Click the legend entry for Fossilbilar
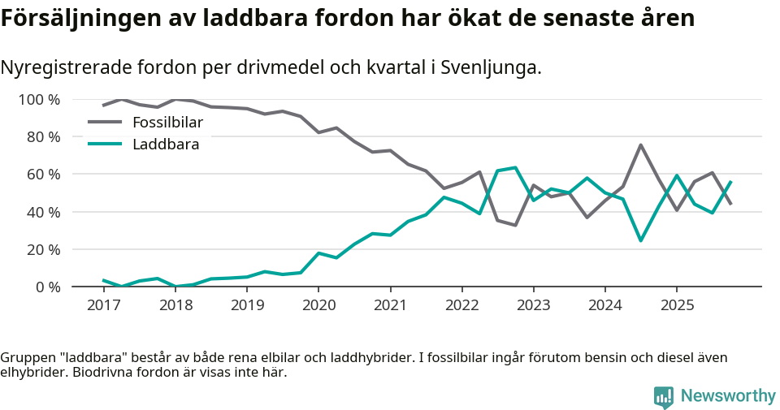click(x=167, y=123)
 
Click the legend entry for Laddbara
click(x=165, y=145)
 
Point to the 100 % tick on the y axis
click(x=39, y=100)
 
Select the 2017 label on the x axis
click(x=103, y=306)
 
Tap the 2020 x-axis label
click(x=318, y=306)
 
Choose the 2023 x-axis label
click(x=533, y=306)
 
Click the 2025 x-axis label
click(x=677, y=306)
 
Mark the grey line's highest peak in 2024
click(x=641, y=145)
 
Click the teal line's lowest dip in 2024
click(x=641, y=240)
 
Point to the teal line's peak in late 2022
click(x=516, y=167)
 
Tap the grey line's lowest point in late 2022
click(x=516, y=225)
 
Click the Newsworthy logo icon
click(x=664, y=396)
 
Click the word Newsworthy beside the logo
click(x=728, y=396)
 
